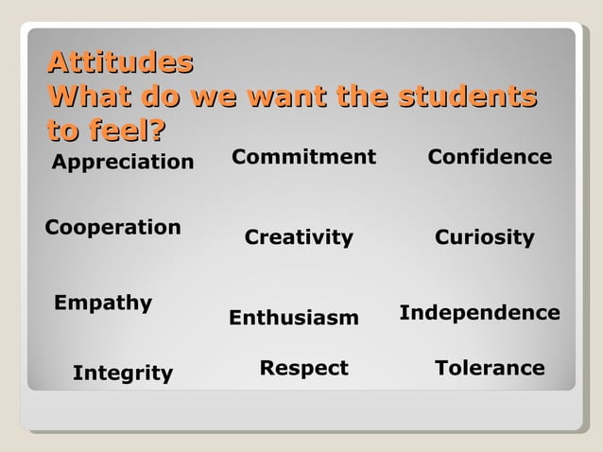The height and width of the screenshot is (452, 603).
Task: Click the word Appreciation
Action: (x=123, y=163)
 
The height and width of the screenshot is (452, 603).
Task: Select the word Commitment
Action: (x=303, y=156)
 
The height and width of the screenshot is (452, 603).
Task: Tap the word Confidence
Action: (x=490, y=157)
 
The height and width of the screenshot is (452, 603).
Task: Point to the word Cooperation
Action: (x=113, y=228)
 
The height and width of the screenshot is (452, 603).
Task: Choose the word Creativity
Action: (x=299, y=237)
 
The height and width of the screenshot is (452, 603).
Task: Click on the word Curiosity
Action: (x=485, y=237)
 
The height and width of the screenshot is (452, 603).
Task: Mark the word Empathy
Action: (x=103, y=304)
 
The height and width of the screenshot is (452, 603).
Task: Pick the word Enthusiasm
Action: (x=294, y=319)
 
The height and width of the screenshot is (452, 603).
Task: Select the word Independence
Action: (x=480, y=312)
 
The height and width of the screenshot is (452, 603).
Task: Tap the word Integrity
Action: (x=123, y=374)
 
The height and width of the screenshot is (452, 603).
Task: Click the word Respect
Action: (x=304, y=368)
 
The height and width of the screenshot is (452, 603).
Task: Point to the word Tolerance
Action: (x=490, y=368)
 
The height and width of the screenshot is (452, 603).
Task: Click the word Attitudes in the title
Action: (x=120, y=63)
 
